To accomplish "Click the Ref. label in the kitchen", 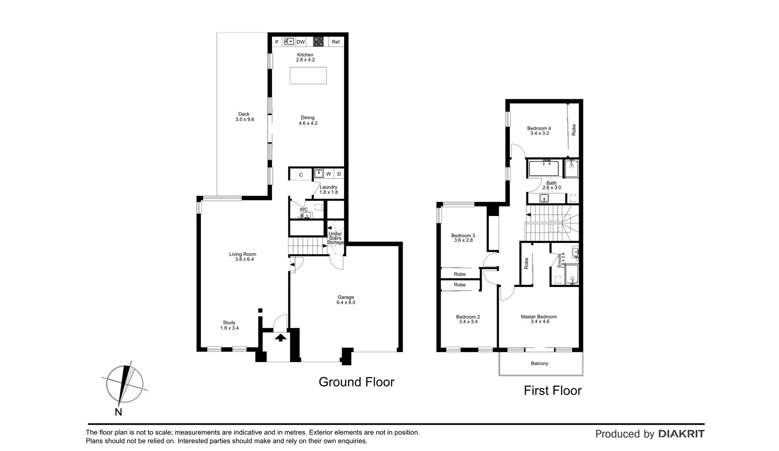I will [x=336, y=42].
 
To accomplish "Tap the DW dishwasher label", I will [x=301, y=42].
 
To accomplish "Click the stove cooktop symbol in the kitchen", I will [x=319, y=41].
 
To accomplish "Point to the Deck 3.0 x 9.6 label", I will [x=244, y=117].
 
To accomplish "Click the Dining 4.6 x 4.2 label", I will [x=308, y=120].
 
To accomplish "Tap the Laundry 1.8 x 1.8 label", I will [x=329, y=190].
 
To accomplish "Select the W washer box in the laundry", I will [x=329, y=174].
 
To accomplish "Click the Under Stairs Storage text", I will [x=335, y=238].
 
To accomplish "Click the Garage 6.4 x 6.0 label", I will [x=346, y=300].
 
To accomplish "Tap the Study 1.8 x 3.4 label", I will [x=229, y=325].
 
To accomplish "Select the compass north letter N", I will [x=119, y=412].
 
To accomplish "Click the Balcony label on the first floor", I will [x=540, y=363].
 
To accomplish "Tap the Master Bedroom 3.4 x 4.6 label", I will [x=539, y=319].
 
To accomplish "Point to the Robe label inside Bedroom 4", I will [x=574, y=129].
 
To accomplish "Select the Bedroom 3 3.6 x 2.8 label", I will [x=463, y=238].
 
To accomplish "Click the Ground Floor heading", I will [x=356, y=382].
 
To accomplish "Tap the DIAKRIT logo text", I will [x=681, y=434].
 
